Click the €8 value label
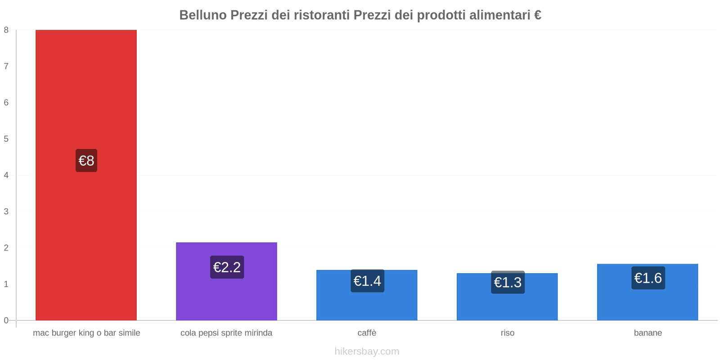86,161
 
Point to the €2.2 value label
227,267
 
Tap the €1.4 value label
367,281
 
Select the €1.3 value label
508,282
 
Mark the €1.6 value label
648,278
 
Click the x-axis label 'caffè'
367,333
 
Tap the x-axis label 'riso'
507,333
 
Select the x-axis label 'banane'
648,333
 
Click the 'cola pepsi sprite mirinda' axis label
226,333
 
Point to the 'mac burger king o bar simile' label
86,333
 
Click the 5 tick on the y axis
6,139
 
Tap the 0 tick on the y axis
6,320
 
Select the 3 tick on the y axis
6,211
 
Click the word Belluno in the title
203,15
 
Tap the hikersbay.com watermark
367,351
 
